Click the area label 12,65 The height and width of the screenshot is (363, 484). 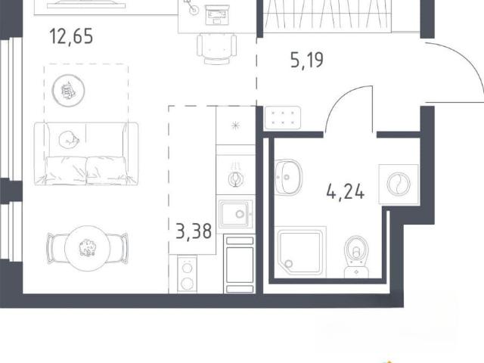tap(71, 36)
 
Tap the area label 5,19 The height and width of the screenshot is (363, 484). tap(307, 60)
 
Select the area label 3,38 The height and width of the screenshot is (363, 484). tap(194, 231)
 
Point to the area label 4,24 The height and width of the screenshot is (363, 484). tap(346, 192)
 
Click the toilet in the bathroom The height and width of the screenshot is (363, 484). tap(356, 257)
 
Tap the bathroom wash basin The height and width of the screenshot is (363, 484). tap(288, 177)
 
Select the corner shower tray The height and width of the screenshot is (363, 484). tap(300, 251)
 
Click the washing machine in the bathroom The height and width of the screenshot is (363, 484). tap(399, 185)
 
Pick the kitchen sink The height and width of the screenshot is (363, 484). tap(235, 213)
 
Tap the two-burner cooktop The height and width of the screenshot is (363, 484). tap(187, 275)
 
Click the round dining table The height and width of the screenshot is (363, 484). tap(88, 249)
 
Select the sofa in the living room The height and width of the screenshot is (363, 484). tap(86, 154)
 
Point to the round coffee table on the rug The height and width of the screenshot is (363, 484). tap(68, 91)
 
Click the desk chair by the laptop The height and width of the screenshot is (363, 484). tap(217, 48)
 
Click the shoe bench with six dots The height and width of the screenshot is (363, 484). tap(282, 118)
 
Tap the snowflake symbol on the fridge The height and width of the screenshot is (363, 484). tap(235, 126)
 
